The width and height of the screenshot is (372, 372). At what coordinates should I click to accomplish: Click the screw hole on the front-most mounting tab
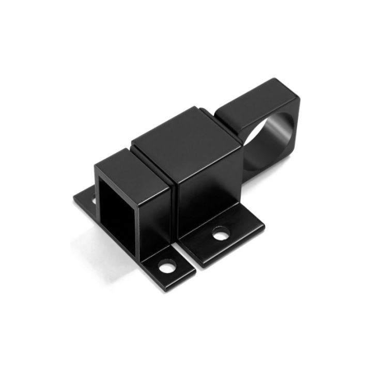(166, 268)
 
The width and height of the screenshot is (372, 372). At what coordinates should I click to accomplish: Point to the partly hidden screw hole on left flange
(94, 199)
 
